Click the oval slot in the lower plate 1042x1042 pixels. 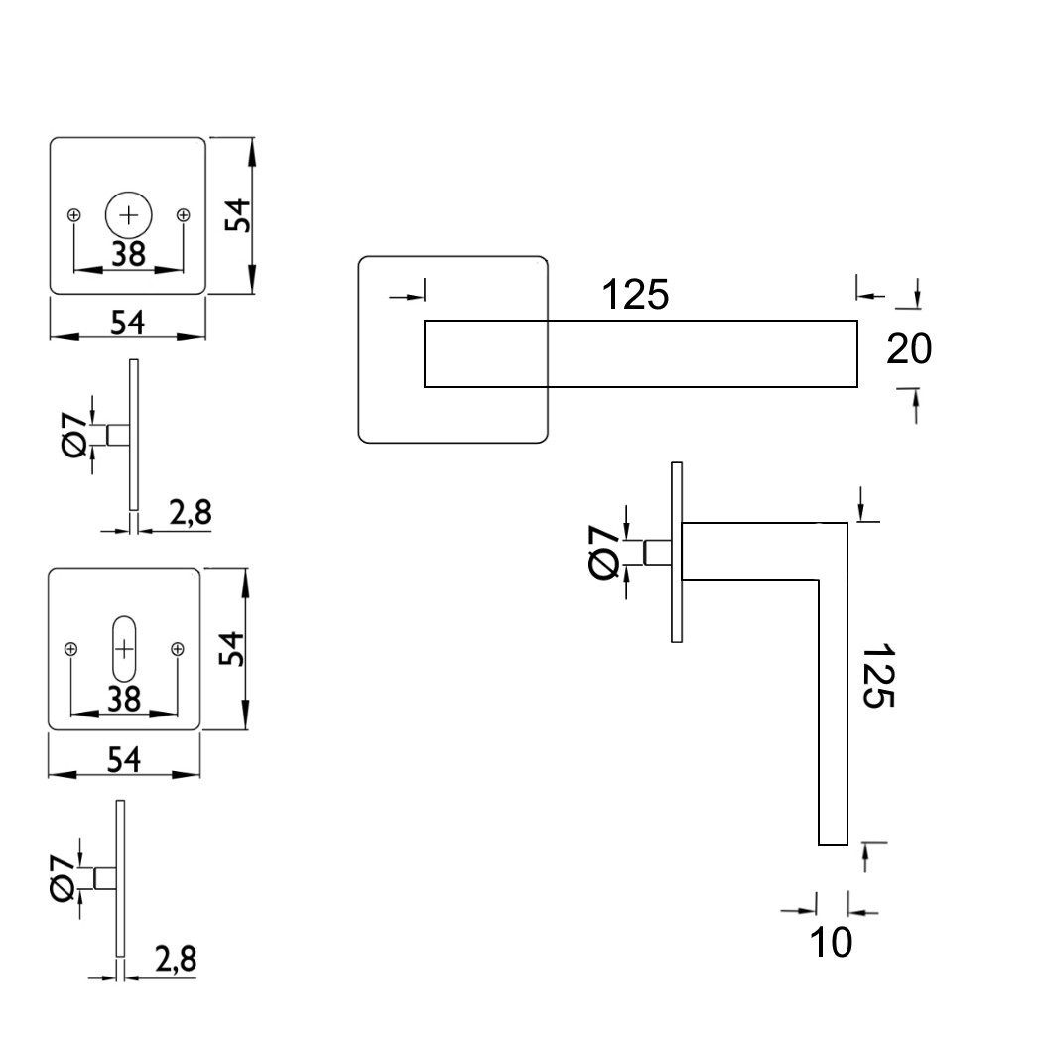click(124, 649)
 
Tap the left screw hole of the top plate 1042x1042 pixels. click(74, 214)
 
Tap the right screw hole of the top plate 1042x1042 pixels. click(184, 214)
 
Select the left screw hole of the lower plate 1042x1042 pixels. click(71, 649)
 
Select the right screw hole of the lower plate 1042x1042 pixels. click(178, 649)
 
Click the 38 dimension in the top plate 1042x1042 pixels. click(129, 254)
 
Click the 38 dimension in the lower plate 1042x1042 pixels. click(124, 699)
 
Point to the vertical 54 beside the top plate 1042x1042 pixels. click(237, 214)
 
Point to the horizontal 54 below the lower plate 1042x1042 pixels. click(124, 759)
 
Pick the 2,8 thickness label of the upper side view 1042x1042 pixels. click(191, 512)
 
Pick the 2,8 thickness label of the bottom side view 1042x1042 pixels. click(176, 959)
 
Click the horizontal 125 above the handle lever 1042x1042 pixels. click(635, 294)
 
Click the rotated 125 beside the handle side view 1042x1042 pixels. click(879, 675)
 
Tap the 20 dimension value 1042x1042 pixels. click(909, 349)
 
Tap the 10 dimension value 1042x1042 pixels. click(831, 942)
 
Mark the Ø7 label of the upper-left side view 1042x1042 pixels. click(74, 434)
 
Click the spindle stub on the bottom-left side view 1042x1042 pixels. click(105, 878)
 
